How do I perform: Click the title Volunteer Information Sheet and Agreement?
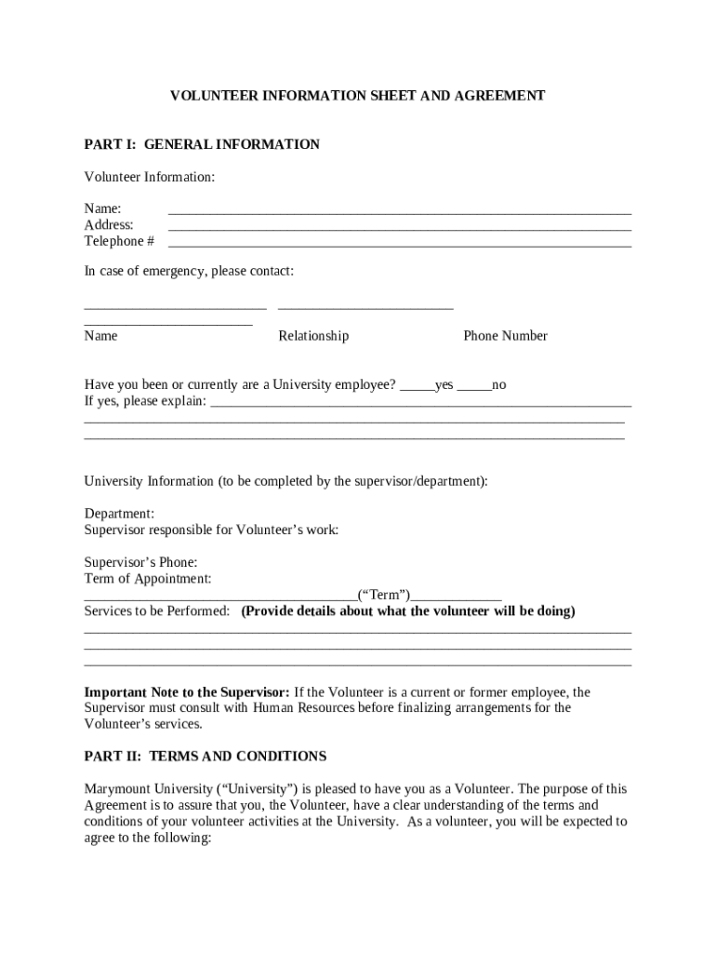(x=357, y=96)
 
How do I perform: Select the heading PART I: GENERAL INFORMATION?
(x=202, y=144)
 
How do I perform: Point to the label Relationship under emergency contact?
(x=313, y=336)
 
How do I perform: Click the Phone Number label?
(x=505, y=336)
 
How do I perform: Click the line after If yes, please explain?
(x=421, y=405)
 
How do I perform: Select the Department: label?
(x=119, y=514)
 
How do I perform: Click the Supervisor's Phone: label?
(x=140, y=562)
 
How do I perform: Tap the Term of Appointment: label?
(x=148, y=579)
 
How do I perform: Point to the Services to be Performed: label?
(x=157, y=611)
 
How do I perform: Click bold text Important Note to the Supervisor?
(x=188, y=692)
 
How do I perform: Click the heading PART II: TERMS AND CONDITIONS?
(x=206, y=757)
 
